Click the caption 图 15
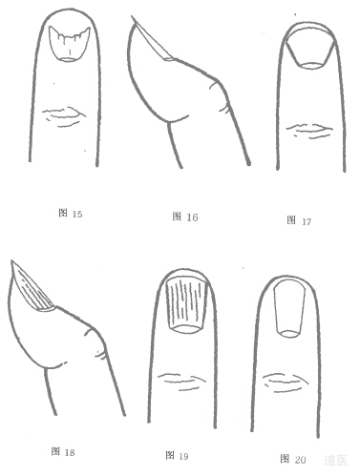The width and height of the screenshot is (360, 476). pyautogui.click(x=71, y=214)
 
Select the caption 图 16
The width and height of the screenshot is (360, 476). pyautogui.click(x=185, y=217)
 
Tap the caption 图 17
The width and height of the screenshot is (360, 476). pyautogui.click(x=299, y=220)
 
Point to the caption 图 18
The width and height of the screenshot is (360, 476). pyautogui.click(x=63, y=451)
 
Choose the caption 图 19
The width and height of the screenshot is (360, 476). pyautogui.click(x=177, y=456)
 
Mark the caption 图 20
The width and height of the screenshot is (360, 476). pyautogui.click(x=293, y=459)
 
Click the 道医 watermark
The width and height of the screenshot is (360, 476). pyautogui.click(x=336, y=460)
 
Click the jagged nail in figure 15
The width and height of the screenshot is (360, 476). pyautogui.click(x=69, y=44)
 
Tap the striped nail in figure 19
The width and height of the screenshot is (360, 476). pyautogui.click(x=187, y=304)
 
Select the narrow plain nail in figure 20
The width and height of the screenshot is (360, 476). pyautogui.click(x=289, y=308)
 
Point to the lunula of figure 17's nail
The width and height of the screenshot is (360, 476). pyautogui.click(x=311, y=66)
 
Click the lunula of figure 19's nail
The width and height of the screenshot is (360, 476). pyautogui.click(x=187, y=329)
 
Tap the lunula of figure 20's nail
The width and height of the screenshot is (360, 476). pyautogui.click(x=289, y=334)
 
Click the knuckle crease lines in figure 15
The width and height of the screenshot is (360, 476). pyautogui.click(x=64, y=116)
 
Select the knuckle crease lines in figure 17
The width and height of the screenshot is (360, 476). pyautogui.click(x=309, y=131)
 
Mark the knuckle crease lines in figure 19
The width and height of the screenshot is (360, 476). pyautogui.click(x=182, y=381)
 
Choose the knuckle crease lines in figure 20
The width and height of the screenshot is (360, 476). pyautogui.click(x=285, y=381)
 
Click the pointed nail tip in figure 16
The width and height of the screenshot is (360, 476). pyautogui.click(x=132, y=17)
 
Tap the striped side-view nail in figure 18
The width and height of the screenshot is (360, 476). pyautogui.click(x=32, y=288)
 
